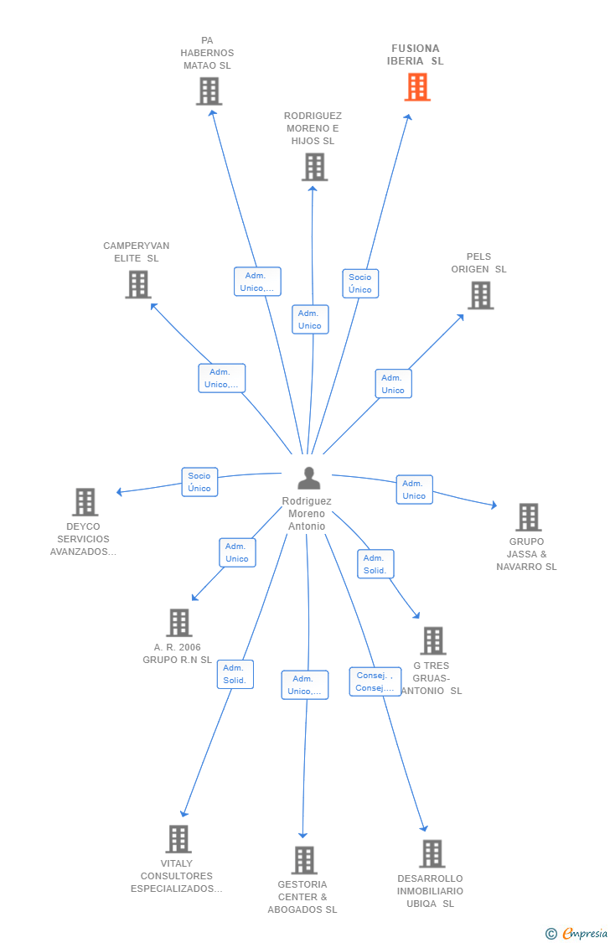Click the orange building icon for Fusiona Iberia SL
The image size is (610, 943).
coord(417,86)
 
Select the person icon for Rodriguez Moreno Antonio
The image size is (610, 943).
coord(309,478)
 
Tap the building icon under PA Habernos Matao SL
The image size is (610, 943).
coord(209,91)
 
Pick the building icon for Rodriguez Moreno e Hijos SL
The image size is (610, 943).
coord(315,167)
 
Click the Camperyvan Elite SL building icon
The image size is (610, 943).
coord(138,284)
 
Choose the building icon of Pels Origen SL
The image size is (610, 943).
coord(481,295)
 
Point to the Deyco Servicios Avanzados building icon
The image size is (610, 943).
coord(85,502)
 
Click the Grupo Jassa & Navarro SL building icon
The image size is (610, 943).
coord(529,517)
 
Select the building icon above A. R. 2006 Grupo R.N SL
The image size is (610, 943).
coord(179,623)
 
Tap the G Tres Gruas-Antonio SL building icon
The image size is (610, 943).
coord(432,640)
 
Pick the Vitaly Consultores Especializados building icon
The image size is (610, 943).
coord(178,839)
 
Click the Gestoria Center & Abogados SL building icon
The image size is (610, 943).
coord(304,860)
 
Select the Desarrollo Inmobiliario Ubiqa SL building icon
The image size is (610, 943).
coord(432,854)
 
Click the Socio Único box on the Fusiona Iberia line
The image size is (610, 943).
coord(360,283)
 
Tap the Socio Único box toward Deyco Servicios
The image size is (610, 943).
coord(199,482)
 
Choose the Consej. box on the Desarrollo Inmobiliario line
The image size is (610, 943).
coord(375,681)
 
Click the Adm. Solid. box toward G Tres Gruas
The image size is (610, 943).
coord(375,564)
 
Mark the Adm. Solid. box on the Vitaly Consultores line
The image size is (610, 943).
coord(235,674)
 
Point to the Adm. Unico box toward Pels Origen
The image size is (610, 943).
coord(393,384)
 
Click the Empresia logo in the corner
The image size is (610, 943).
coord(576,934)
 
